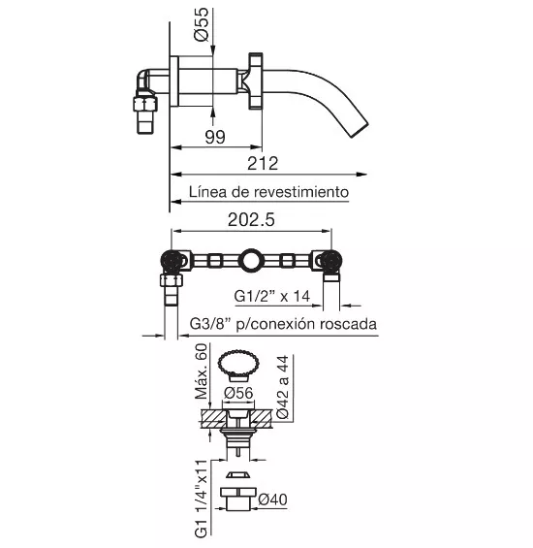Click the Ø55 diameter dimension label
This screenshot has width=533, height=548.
coord(202,24)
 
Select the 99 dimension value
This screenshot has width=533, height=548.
coord(215,137)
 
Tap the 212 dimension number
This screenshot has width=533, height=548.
coord(263,164)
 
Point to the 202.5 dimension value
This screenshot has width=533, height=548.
coord(251,220)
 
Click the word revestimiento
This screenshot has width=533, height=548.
coord(301,192)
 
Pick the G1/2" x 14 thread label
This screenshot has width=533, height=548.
coord(271,297)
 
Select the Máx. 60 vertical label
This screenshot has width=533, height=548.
coord(202,371)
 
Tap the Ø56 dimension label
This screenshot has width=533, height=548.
coord(238,393)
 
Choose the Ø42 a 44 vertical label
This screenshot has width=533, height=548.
coord(283,387)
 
